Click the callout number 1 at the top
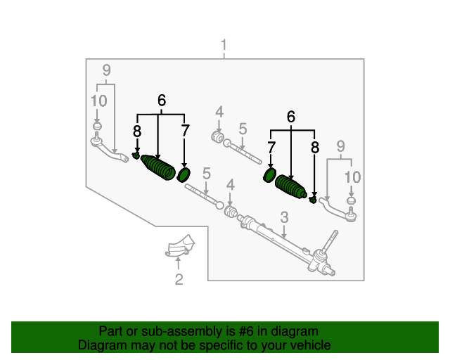pos(224,47)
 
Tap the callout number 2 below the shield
pos(179,281)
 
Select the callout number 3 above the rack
pos(284,217)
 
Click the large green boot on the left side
pos(159,168)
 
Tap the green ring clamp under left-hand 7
pos(184,174)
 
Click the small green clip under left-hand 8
pos(136,155)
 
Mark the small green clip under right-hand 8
pos(314,200)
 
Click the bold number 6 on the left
pos(162,101)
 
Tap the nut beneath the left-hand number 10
pos(98,127)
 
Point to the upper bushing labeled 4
pos(217,135)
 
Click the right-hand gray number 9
pos(340,146)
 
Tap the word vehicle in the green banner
pos(311,345)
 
